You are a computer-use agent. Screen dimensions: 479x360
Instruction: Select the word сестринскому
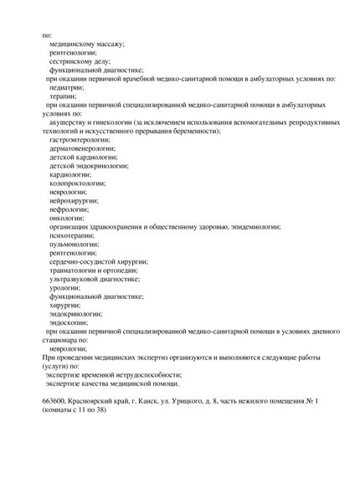tap(71, 60)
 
